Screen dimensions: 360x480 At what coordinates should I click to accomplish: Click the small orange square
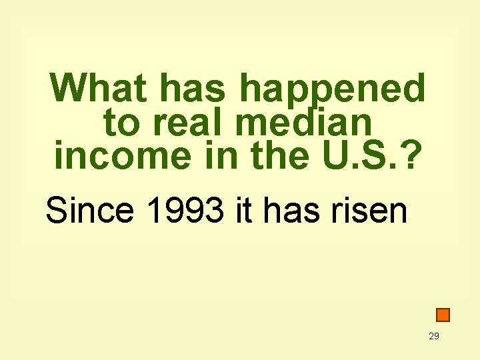point(443,315)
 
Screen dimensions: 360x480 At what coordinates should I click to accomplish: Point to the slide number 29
point(434,336)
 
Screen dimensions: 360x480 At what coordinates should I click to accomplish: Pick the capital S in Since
point(56,211)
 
